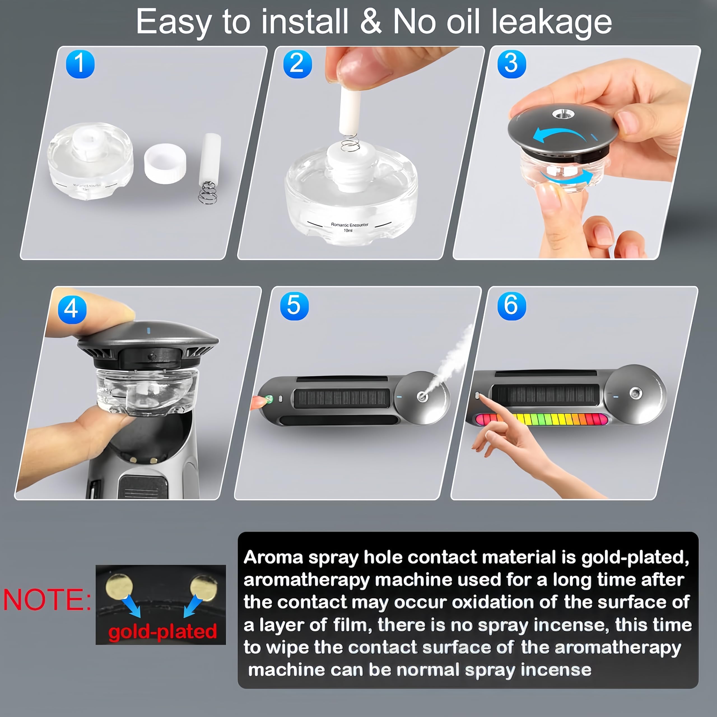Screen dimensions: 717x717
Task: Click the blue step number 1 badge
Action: point(80,64)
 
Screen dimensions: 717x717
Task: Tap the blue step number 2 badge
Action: point(297,64)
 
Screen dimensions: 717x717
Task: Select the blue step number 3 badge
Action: point(511,64)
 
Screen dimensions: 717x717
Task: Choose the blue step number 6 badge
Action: point(511,306)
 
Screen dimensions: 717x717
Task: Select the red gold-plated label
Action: point(162,631)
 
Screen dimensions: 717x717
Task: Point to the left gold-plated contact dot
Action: point(119,587)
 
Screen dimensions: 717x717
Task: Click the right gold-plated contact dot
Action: point(203,588)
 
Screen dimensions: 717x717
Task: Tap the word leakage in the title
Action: point(551,22)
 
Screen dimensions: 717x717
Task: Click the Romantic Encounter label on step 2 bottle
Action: point(350,225)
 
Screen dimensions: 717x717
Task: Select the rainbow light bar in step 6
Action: point(542,419)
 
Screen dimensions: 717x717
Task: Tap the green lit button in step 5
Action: point(269,399)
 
